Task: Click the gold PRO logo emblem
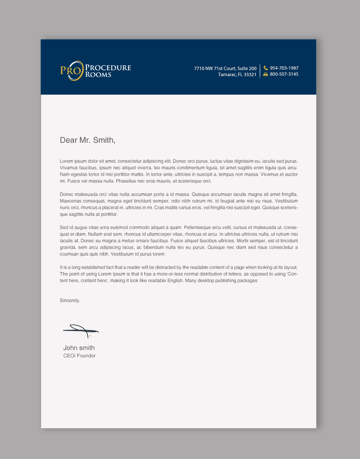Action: click(x=70, y=71)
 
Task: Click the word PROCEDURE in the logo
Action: click(x=108, y=67)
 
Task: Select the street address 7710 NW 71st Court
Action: click(x=225, y=68)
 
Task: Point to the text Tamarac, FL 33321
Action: click(x=237, y=74)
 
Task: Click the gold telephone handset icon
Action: click(x=265, y=68)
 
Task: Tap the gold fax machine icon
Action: click(x=265, y=74)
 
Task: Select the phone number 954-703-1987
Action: click(x=284, y=68)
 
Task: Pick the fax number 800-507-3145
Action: click(x=284, y=74)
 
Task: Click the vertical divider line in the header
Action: click(x=260, y=71)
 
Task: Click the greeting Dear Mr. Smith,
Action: click(x=88, y=140)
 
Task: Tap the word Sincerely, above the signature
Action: click(x=70, y=300)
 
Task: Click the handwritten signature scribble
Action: click(x=81, y=331)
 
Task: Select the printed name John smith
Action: click(x=79, y=348)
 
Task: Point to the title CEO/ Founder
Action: click(x=80, y=356)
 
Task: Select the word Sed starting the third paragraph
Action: click(x=64, y=228)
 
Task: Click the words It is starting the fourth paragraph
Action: click(x=63, y=267)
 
